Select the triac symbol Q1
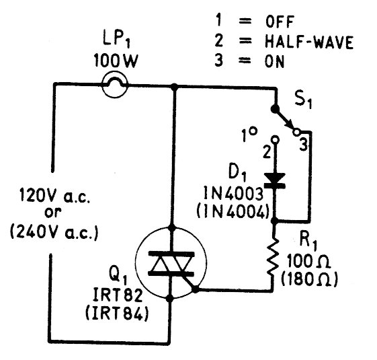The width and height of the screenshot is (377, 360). pos(171,262)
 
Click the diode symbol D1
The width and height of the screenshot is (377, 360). pos(275,180)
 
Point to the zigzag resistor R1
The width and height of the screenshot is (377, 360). pos(274,256)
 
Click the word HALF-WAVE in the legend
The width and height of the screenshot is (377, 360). pos(309,42)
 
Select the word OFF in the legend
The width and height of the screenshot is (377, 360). pos(280,22)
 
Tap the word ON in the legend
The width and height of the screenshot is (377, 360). pos(274,61)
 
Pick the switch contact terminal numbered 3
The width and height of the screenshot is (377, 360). pos(296,132)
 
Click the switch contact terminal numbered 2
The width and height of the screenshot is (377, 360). pos(275,139)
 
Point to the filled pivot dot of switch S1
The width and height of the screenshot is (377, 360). pos(275,109)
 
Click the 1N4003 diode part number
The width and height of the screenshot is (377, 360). pos(233,193)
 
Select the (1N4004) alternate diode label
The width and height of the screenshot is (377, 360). pos(233,212)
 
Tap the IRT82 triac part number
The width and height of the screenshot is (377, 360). pos(118,295)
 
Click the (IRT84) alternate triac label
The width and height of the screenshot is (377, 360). pos(117,314)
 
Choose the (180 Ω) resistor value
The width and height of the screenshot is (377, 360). pos(309,279)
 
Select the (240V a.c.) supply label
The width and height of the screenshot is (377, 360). pos(54,232)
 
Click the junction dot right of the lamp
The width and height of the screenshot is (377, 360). pos(174,86)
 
